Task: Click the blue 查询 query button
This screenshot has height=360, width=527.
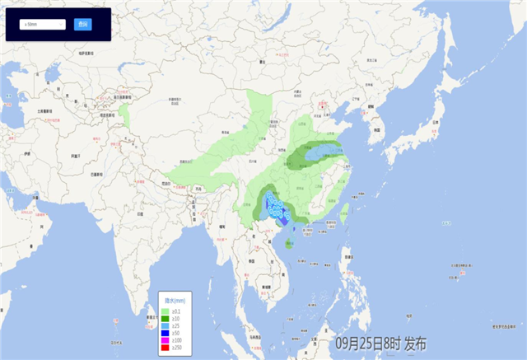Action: pos(82,25)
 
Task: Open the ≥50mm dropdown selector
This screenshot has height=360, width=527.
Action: pos(43,25)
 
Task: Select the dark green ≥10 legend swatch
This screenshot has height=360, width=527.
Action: pos(166,318)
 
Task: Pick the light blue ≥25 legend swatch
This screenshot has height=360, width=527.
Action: pos(166,326)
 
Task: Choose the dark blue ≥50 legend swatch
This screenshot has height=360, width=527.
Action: pos(166,334)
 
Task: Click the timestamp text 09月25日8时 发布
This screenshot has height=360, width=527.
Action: pos(380,344)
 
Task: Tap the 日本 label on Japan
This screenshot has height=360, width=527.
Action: pos(433,123)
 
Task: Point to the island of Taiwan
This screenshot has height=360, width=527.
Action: pos(345,216)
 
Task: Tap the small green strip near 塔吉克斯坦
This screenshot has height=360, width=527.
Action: pos(124,115)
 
